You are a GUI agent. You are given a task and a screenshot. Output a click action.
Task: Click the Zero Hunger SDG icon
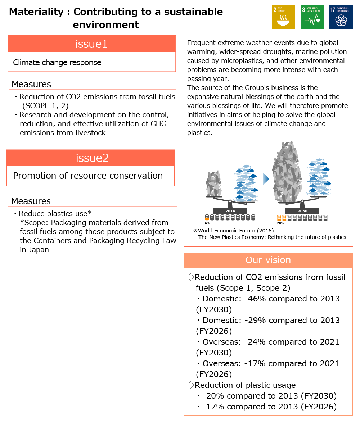click(x=283, y=17)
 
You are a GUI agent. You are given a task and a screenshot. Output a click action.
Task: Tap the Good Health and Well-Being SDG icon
click(x=312, y=17)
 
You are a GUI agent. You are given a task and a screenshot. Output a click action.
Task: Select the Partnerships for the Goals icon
click(x=341, y=17)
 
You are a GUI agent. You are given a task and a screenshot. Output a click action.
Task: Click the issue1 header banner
click(x=91, y=44)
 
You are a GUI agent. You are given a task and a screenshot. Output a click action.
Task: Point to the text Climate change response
click(x=57, y=63)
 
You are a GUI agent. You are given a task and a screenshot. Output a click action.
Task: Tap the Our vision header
click(x=268, y=260)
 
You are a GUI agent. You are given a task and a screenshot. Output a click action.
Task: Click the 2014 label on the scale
click(x=230, y=211)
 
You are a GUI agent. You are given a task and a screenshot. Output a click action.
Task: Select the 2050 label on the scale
click(x=302, y=211)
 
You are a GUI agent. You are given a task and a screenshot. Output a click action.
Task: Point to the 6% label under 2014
click(x=207, y=223)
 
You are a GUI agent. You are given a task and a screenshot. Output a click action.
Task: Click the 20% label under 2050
click(x=280, y=223)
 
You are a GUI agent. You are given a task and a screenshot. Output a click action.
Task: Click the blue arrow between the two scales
click(x=266, y=179)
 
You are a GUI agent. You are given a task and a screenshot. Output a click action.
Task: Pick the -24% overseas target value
click(x=255, y=342)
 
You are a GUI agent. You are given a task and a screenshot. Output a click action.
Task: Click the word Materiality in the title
click(x=36, y=12)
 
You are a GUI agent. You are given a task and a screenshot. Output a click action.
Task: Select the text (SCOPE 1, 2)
click(x=45, y=106)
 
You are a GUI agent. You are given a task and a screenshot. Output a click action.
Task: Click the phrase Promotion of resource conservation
click(x=88, y=176)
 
